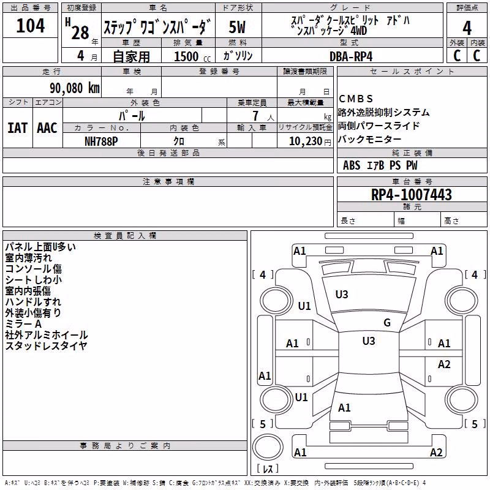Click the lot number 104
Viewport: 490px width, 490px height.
(x=30, y=26)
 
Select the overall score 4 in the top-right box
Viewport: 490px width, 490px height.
(x=467, y=28)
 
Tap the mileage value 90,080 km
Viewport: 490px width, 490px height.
(x=75, y=88)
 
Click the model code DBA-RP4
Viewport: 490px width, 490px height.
(x=351, y=56)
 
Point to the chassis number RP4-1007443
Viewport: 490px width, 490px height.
(x=411, y=194)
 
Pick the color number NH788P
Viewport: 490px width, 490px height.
(x=101, y=141)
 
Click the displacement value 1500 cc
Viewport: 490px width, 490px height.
(x=192, y=56)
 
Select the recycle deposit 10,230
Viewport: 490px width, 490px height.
(x=306, y=141)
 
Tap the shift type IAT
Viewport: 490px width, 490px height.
(x=17, y=128)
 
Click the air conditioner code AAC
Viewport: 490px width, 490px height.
(x=47, y=128)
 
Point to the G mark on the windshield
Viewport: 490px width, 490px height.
(x=387, y=323)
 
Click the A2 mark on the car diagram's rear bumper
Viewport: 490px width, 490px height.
(x=436, y=452)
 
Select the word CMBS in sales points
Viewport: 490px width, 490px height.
(x=356, y=99)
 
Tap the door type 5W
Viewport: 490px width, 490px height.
(x=237, y=27)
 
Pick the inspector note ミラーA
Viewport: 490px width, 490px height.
(x=23, y=324)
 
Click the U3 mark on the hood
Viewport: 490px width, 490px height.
(x=342, y=295)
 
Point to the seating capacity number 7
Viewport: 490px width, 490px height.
(x=255, y=116)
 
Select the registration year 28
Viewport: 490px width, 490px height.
(x=80, y=32)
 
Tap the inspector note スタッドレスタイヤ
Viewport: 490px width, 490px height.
(x=46, y=345)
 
